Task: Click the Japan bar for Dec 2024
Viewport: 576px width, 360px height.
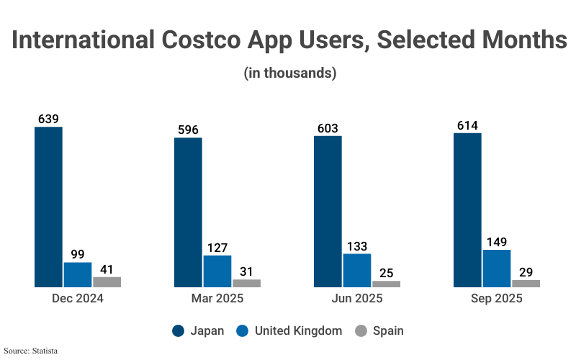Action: [x=49, y=207]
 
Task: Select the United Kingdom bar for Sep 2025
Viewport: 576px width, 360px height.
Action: [x=497, y=269]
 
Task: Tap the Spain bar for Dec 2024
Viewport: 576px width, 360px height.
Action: [x=107, y=282]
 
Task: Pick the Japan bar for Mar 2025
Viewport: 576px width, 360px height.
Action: [x=189, y=212]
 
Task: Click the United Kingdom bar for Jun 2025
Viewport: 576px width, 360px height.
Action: [x=357, y=271]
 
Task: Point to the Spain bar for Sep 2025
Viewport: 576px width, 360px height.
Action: [x=526, y=284]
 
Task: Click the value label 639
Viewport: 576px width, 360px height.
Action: [x=48, y=119]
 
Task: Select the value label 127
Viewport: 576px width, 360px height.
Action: [x=217, y=248]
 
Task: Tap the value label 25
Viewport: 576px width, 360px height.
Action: [x=386, y=273]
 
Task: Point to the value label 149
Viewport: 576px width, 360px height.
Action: [x=496, y=242]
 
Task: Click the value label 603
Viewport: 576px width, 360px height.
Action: [x=328, y=128]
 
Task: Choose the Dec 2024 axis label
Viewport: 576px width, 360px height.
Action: [x=78, y=299]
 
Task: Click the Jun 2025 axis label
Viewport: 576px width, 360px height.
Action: [x=357, y=299]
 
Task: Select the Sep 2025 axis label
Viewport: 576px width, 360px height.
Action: [x=497, y=299]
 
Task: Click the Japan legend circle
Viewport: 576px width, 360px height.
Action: [x=179, y=331]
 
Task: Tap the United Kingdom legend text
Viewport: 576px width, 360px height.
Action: [x=298, y=331]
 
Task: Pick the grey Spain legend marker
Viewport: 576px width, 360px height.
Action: [x=361, y=331]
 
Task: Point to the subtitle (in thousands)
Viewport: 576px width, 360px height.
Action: [x=290, y=73]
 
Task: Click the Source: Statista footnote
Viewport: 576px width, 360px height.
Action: [x=30, y=351]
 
